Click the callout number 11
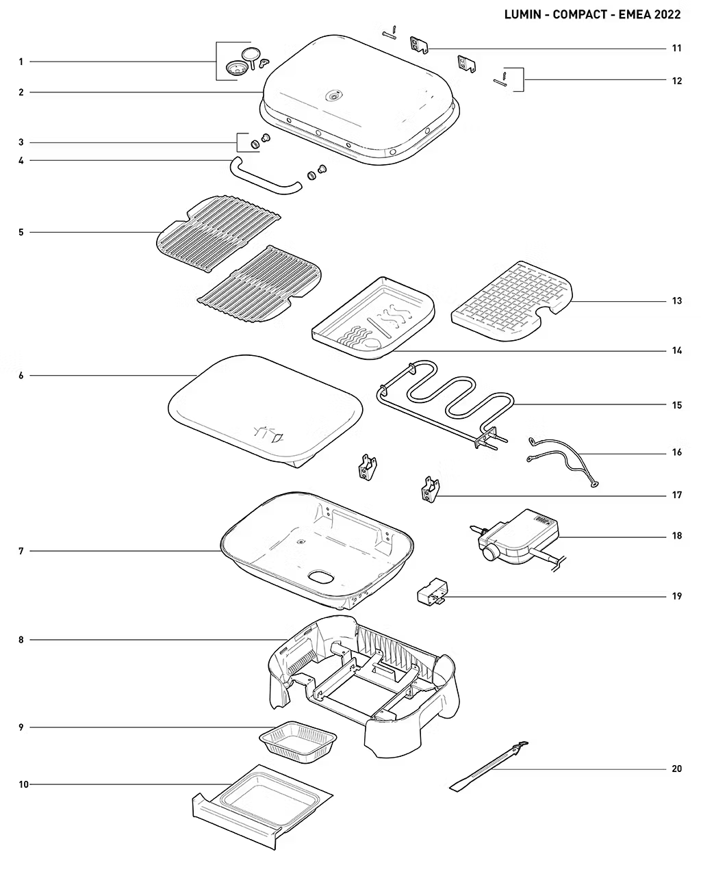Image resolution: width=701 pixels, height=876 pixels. pyautogui.click(x=676, y=49)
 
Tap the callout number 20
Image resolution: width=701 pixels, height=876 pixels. pyautogui.click(x=676, y=769)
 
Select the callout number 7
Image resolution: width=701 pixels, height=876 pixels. pyautogui.click(x=21, y=551)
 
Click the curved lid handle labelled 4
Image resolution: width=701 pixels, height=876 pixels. pyautogui.click(x=266, y=176)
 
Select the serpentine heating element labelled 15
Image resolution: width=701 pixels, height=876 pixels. pyautogui.click(x=445, y=404)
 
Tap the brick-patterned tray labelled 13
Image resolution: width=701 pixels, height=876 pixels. pyautogui.click(x=512, y=302)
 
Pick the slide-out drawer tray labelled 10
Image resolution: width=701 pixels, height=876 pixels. pyautogui.click(x=263, y=806)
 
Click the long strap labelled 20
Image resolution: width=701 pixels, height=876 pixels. pyautogui.click(x=488, y=766)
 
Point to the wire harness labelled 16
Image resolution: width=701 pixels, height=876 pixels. pyautogui.click(x=563, y=461)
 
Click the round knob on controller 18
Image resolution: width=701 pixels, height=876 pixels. pyautogui.click(x=491, y=554)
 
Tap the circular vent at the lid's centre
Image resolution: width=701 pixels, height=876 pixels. pyautogui.click(x=334, y=96)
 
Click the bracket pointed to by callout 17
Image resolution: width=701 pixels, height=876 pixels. pyautogui.click(x=430, y=489)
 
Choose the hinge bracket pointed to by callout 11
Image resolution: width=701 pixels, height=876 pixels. pyautogui.click(x=420, y=44)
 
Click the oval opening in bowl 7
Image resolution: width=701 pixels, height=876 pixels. pyautogui.click(x=321, y=576)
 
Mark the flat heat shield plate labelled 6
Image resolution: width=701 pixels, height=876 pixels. pyautogui.click(x=265, y=411)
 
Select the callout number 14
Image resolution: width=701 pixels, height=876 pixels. pyautogui.click(x=676, y=350)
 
